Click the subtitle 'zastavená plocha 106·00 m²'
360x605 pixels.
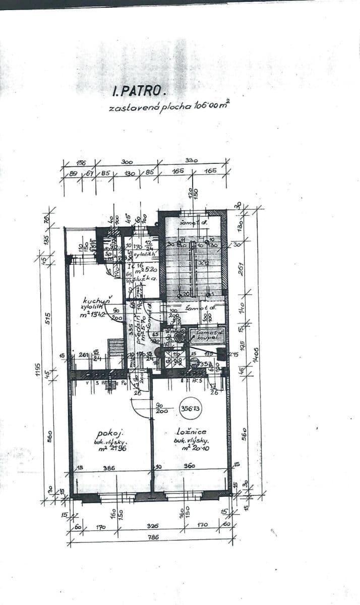[168, 107]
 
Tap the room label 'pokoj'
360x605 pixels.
[108, 433]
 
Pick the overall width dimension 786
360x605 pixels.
[153, 537]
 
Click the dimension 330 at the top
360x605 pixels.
[192, 160]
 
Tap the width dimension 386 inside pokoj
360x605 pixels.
[109, 468]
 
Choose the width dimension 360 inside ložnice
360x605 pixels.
[190, 466]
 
